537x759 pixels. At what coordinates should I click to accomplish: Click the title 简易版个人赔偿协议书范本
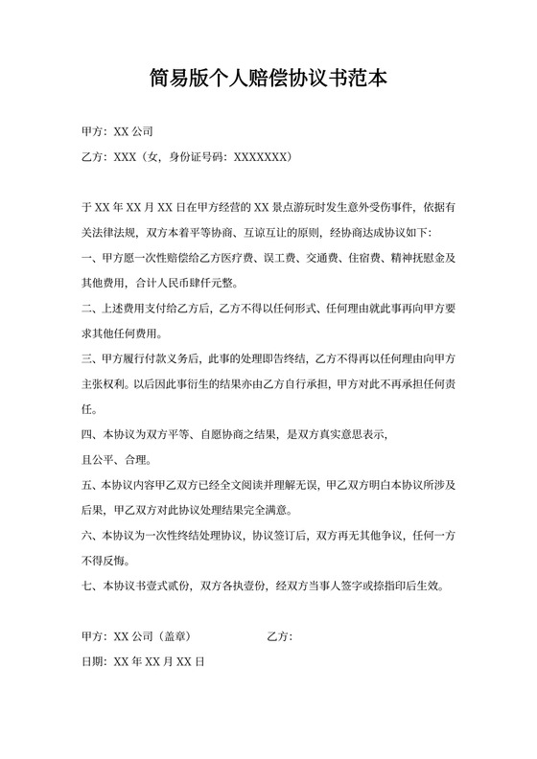[268, 77]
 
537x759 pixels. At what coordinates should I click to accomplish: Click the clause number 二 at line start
[86, 310]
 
